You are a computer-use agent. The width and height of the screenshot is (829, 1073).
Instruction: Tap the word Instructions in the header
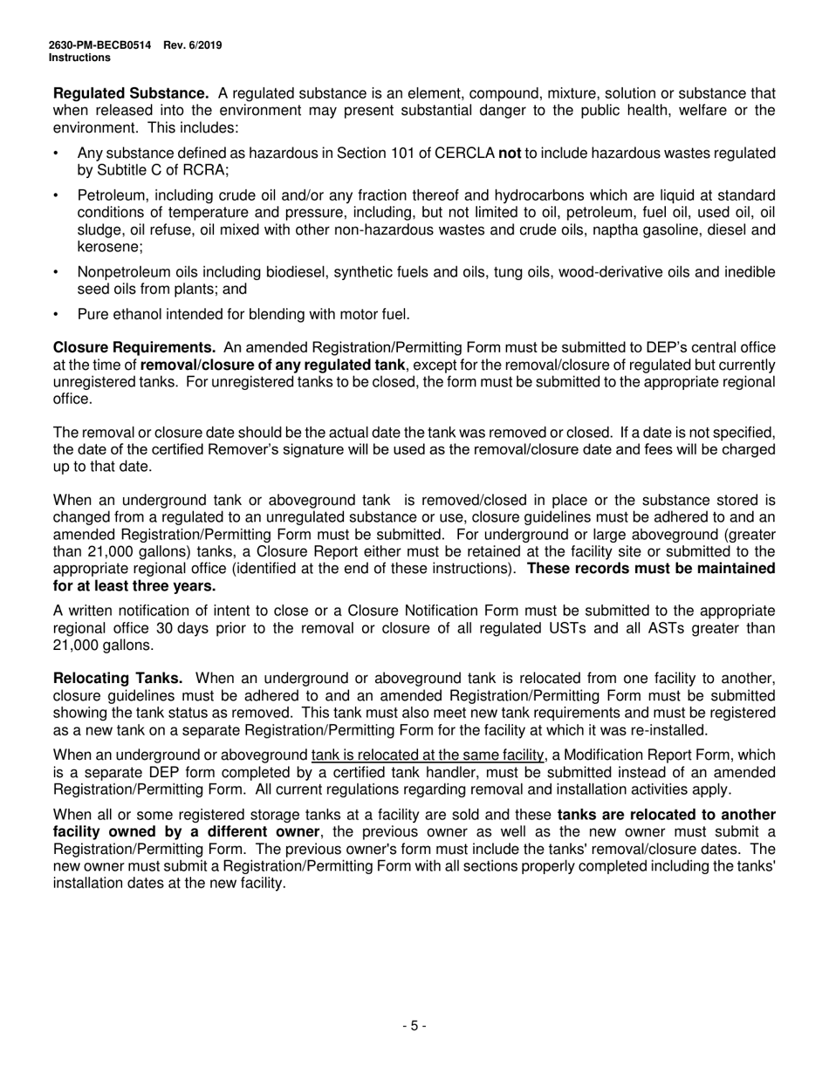79,58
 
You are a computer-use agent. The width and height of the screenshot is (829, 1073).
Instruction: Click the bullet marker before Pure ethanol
57,314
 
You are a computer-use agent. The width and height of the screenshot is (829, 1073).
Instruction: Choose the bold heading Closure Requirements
135,348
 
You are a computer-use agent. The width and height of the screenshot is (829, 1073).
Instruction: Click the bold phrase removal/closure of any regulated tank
272,365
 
